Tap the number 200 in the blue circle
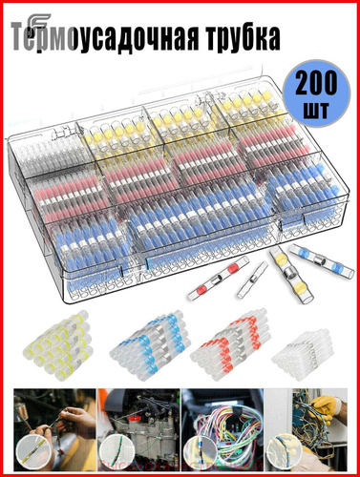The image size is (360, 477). click(316, 84)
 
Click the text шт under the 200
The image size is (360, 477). click(315, 111)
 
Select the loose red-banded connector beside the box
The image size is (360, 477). click(218, 279)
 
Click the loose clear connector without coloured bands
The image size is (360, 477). click(252, 280)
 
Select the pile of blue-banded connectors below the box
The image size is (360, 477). click(150, 345)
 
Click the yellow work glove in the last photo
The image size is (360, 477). click(325, 407)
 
